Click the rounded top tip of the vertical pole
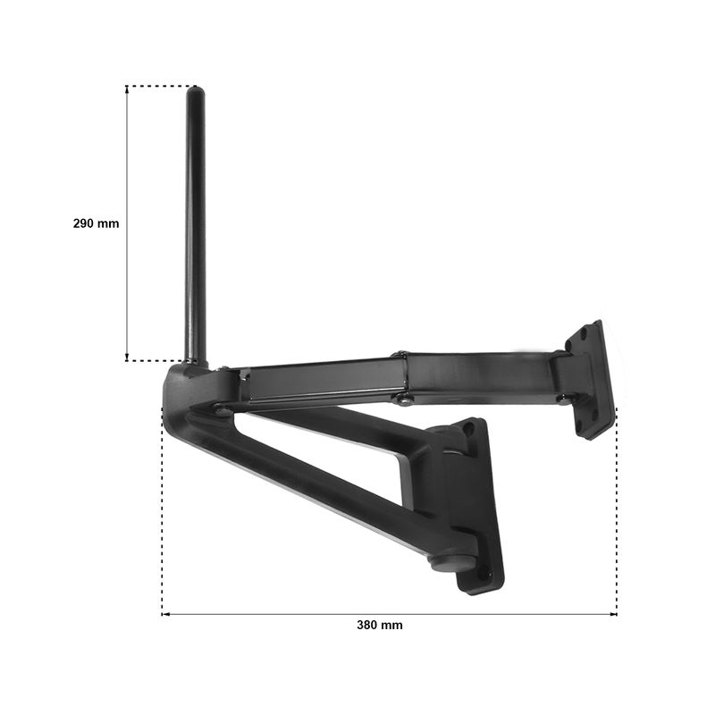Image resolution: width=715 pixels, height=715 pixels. click(195, 88)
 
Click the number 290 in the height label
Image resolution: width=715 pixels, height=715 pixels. click(83, 223)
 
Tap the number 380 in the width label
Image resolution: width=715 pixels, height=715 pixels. click(367, 625)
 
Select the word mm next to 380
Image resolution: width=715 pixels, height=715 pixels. click(392, 625)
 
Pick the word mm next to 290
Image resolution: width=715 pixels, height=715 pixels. click(108, 224)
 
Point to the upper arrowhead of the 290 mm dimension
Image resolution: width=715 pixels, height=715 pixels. click(127, 88)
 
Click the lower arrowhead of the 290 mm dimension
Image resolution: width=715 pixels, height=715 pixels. click(127, 357)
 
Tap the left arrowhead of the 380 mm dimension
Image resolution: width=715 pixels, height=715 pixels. click(165, 614)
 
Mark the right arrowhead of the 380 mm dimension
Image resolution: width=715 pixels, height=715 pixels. click(613, 614)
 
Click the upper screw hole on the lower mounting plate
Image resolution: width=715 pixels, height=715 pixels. click(467, 429)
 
